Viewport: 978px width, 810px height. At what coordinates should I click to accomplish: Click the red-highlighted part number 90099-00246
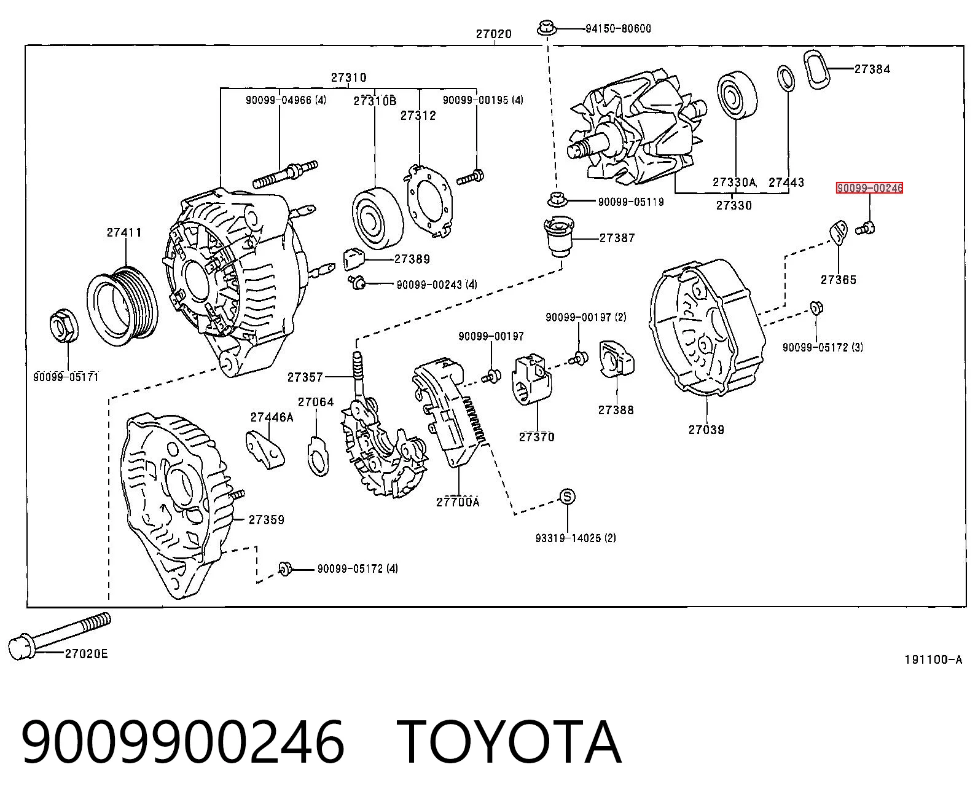[869, 188]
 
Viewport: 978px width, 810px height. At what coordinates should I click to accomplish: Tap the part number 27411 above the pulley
[124, 232]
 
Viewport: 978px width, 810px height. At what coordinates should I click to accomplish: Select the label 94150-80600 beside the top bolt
[618, 29]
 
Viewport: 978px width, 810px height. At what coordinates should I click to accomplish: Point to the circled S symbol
[567, 497]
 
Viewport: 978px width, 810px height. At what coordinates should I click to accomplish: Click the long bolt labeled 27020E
[60, 636]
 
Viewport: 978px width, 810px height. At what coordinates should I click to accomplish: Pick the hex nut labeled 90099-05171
[64, 325]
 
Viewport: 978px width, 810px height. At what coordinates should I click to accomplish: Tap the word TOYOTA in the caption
[509, 743]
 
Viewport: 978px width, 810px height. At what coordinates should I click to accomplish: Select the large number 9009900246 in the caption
[182, 743]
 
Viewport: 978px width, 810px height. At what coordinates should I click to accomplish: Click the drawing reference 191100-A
[933, 660]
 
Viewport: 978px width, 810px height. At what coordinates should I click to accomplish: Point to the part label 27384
[872, 69]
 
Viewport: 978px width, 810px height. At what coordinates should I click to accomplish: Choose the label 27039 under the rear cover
[706, 430]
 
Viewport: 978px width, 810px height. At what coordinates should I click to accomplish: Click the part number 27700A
[458, 502]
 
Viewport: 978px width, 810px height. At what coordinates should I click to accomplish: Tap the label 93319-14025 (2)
[576, 538]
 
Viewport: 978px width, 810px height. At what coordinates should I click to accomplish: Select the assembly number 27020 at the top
[494, 34]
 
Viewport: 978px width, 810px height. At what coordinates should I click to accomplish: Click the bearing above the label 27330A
[737, 95]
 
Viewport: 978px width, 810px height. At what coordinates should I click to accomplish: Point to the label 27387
[617, 238]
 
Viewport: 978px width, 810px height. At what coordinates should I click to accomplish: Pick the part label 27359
[267, 519]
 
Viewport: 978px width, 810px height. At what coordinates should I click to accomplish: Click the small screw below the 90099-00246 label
[865, 229]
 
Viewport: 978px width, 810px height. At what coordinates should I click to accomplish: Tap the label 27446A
[272, 417]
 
